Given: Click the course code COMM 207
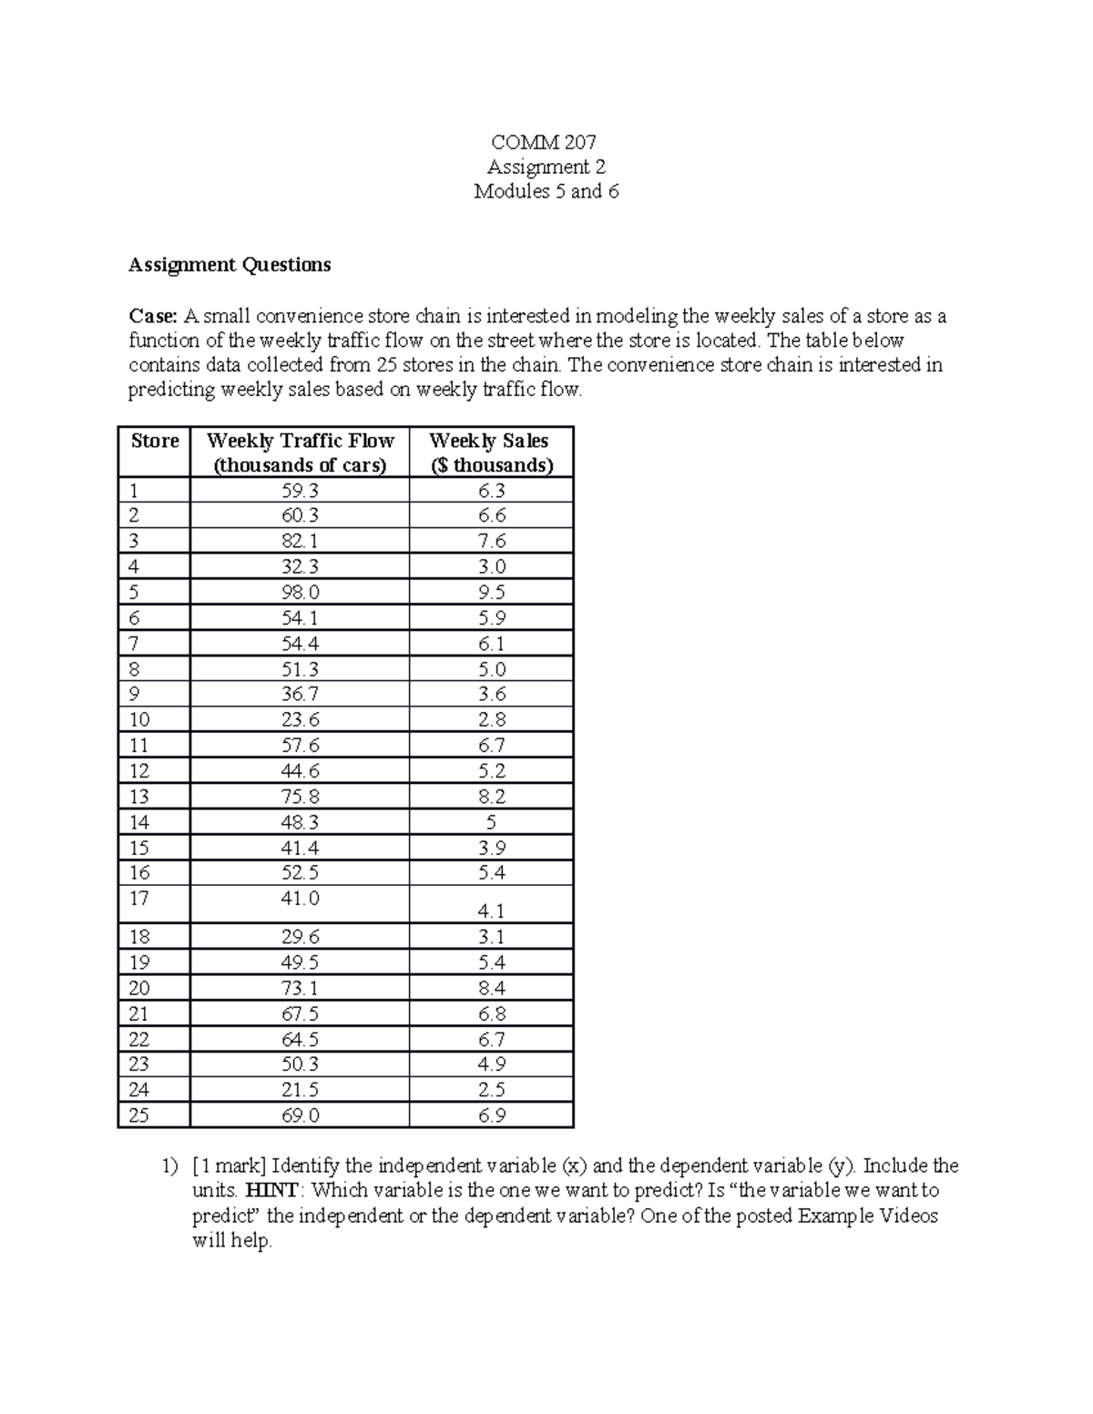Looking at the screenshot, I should click(546, 142).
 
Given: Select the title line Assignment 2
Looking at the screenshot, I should click(546, 167).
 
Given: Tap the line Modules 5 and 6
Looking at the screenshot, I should click(546, 191).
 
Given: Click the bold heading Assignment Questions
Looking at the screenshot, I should click(230, 265).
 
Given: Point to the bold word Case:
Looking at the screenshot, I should click(152, 317).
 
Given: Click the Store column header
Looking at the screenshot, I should click(155, 442).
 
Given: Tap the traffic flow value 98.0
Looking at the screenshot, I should click(301, 592).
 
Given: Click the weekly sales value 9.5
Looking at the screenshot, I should click(492, 592).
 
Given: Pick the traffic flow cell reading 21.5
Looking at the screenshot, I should click(301, 1090).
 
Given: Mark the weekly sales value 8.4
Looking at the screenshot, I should click(492, 988).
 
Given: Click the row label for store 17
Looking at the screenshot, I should click(138, 899).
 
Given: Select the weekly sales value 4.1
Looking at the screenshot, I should click(492, 910).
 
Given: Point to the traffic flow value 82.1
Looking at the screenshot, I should click(301, 541).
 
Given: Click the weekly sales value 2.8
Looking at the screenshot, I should click(492, 719).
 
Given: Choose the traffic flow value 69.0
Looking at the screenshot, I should click(301, 1115).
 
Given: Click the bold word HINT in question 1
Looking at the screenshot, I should click(271, 1191).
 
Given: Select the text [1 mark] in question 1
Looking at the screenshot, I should click(229, 1165).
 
